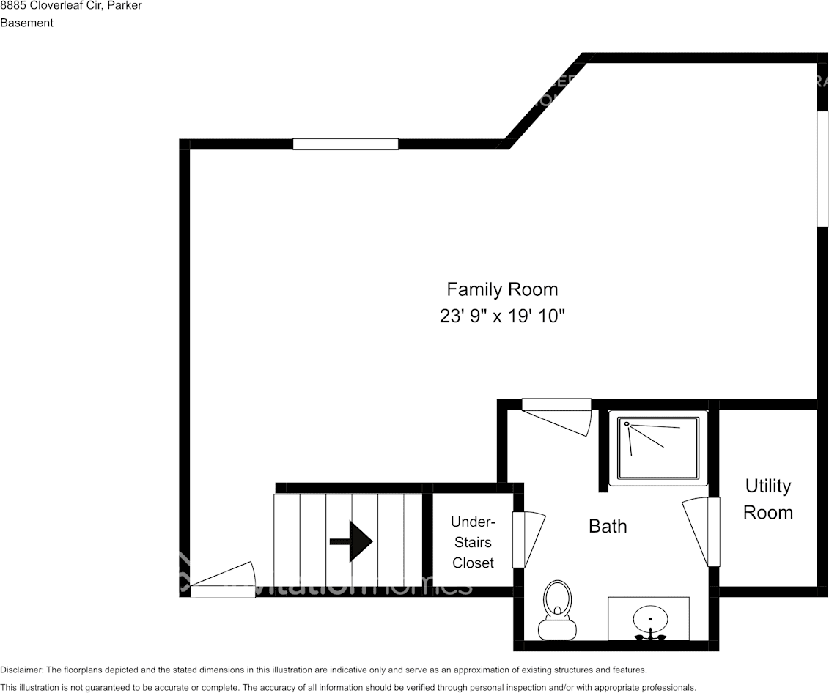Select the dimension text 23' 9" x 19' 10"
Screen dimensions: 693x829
502,316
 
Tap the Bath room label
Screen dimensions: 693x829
608,525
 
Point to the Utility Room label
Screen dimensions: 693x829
767,499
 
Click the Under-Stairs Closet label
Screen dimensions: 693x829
473,542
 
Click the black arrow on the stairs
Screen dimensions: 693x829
352,541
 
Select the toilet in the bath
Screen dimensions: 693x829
557,609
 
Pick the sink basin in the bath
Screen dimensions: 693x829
649,619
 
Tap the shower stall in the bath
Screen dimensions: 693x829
659,448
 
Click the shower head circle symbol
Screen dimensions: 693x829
626,423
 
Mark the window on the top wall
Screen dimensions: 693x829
345,144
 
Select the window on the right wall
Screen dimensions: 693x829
822,168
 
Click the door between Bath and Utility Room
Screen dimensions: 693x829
700,532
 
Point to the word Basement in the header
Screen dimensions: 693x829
26,23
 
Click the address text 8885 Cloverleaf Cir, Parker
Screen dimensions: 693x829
71,6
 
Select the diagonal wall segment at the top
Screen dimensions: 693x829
545,100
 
